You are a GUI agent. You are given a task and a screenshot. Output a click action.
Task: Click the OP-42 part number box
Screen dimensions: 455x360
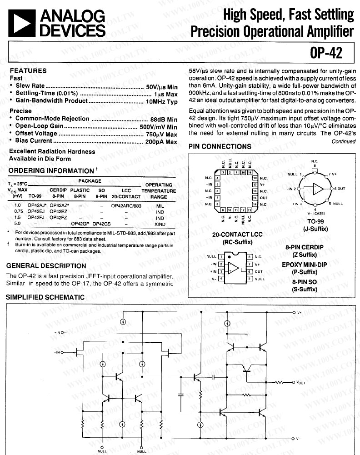325,53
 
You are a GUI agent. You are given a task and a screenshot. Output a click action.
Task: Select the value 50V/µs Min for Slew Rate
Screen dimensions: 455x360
161,86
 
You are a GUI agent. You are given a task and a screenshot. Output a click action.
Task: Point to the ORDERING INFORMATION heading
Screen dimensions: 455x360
51,170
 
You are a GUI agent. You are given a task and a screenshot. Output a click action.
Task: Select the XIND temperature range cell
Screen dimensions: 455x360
160,224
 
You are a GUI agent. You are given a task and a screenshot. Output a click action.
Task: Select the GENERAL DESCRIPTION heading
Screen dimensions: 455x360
46,265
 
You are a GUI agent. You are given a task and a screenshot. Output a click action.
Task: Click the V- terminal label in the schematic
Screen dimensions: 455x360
299,439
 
